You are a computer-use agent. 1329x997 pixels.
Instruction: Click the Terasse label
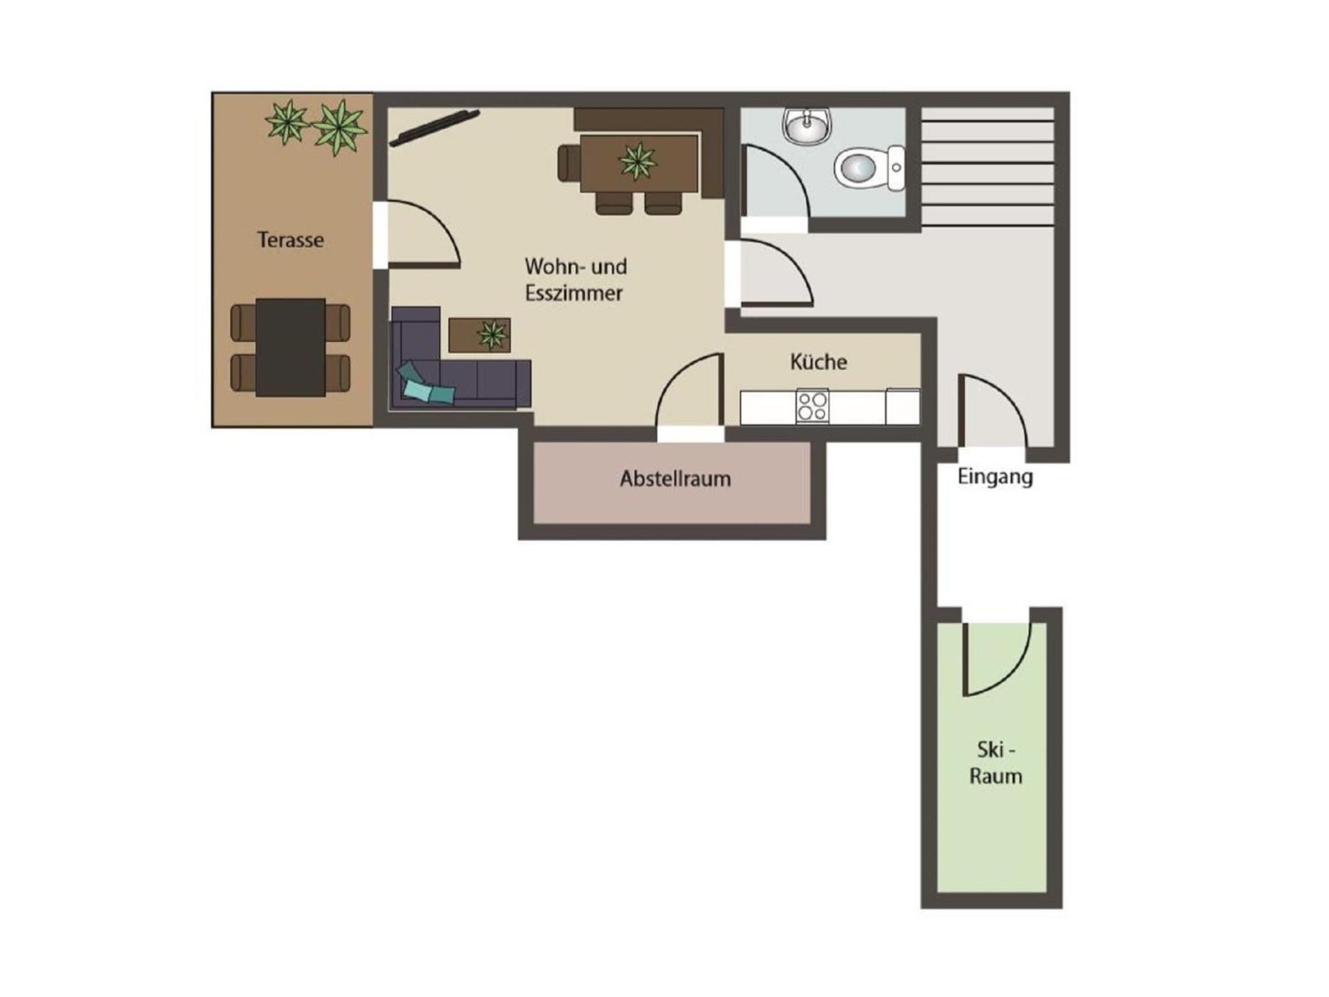pos(290,240)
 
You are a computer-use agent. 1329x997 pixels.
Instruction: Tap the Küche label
pos(818,361)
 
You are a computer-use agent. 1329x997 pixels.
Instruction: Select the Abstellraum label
pos(675,478)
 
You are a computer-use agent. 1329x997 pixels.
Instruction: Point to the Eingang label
pos(995,477)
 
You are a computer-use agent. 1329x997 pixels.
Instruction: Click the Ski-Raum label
pos(995,763)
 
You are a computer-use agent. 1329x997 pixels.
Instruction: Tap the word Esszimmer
pos(574,293)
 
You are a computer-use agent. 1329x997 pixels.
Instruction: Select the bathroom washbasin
pos(807,125)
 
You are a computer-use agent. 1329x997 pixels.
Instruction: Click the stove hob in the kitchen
pos(812,406)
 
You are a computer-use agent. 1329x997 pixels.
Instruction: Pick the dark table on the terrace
pos(290,347)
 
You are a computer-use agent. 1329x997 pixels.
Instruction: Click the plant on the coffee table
pos(493,334)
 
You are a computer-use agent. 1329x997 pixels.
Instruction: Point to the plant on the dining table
pos(638,162)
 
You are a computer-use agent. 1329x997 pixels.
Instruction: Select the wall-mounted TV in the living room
pos(435,128)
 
